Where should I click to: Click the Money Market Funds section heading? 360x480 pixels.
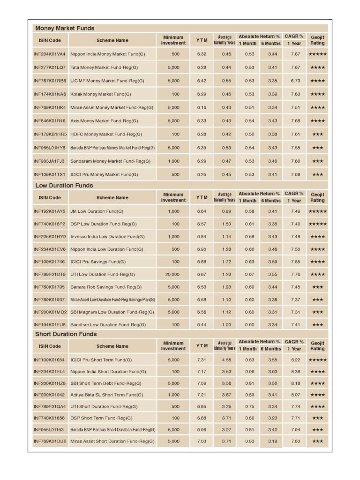tap(65, 28)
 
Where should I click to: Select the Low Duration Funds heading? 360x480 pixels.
tap(64, 185)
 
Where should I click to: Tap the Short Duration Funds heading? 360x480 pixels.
tap(66, 334)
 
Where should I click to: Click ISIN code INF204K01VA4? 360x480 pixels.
tap(50, 54)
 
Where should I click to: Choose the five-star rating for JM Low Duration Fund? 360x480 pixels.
tap(317, 211)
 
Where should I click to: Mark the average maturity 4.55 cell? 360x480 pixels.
tap(225, 360)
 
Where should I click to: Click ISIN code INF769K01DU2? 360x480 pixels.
tap(50, 441)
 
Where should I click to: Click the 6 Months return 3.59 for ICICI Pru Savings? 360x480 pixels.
tap(270, 262)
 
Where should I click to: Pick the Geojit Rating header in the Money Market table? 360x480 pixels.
tap(317, 40)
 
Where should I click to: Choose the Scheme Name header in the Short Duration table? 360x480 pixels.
tap(112, 346)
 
